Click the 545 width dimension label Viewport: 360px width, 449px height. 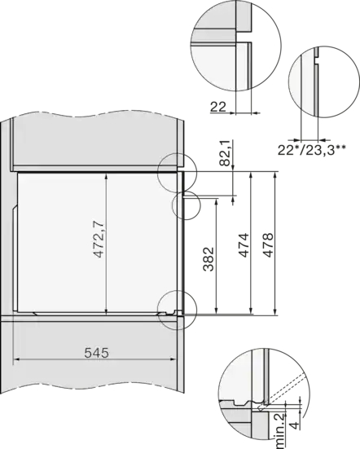point(97,353)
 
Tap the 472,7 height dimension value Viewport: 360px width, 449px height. point(99,239)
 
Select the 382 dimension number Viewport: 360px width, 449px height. point(209,259)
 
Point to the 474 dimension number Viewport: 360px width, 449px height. point(244,245)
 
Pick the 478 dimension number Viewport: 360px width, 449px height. point(268,245)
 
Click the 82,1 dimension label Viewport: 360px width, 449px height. point(225,153)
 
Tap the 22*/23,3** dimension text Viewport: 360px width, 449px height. point(311,150)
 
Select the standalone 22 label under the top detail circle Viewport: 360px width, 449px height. point(218,107)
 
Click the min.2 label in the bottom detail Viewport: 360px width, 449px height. point(280,432)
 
